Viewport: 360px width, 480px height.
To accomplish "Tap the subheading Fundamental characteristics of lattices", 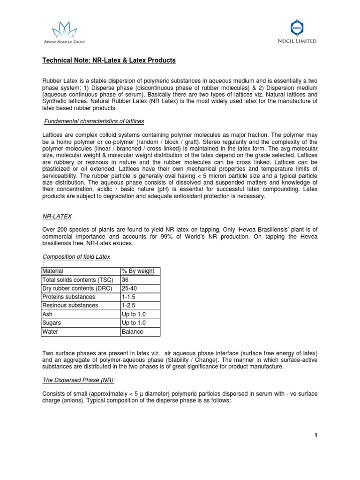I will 94,121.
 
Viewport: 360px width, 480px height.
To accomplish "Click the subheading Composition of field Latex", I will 76,256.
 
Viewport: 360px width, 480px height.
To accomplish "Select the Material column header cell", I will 52,271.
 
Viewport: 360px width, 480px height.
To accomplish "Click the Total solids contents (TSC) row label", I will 77,280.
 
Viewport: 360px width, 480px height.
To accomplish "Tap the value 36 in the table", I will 125,280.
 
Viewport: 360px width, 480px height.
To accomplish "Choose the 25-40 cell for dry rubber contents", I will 128,288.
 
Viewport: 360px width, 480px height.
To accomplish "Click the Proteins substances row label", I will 68,297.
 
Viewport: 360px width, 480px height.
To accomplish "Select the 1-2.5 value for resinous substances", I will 128,306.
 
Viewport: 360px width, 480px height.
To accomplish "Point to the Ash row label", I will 47,314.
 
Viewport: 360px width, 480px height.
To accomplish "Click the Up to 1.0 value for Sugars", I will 132,323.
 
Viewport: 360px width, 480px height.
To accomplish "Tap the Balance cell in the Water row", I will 132,331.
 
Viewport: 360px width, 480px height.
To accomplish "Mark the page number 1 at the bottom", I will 316,435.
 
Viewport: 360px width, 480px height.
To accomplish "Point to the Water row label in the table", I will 50,331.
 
